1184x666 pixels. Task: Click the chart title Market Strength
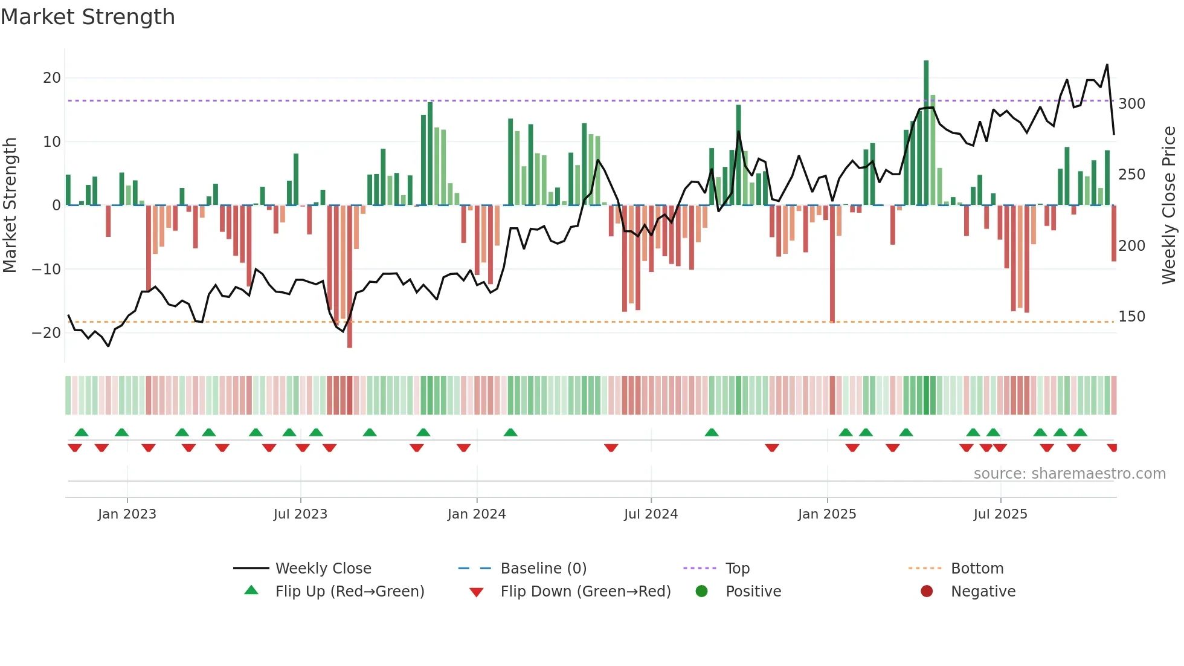(x=88, y=17)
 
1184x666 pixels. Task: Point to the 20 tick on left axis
(x=52, y=78)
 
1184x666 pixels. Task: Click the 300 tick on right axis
(x=1131, y=104)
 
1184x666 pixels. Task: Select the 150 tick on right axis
(x=1131, y=317)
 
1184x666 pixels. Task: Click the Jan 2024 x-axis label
(x=477, y=514)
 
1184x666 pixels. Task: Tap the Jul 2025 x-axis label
(x=1000, y=514)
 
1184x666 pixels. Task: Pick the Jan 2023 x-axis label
(x=127, y=514)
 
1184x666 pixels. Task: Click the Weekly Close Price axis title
(x=1169, y=205)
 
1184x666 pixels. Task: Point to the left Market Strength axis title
(x=10, y=205)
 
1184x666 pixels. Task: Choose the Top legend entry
(x=738, y=569)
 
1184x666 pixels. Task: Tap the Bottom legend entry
(x=977, y=569)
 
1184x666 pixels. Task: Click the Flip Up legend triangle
(x=251, y=590)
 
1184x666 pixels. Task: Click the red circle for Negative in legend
(x=927, y=591)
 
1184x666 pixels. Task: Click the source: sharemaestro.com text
(x=1069, y=474)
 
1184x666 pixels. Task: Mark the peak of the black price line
(x=1107, y=65)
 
